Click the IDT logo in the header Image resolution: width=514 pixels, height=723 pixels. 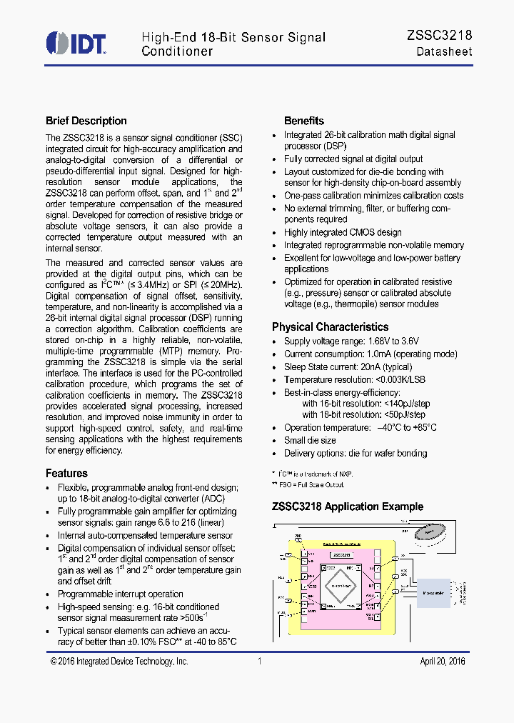(x=76, y=43)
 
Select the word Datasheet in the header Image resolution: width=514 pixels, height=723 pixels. (x=444, y=51)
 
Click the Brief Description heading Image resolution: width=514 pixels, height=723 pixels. (x=86, y=121)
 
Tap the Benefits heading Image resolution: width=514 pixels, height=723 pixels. (x=304, y=121)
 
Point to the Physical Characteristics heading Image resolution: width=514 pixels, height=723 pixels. (x=330, y=326)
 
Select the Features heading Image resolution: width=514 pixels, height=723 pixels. (x=66, y=473)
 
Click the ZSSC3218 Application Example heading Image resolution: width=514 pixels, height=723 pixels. (x=348, y=507)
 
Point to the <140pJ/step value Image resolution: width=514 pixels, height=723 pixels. (x=406, y=404)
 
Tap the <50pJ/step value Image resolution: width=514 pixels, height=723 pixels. (x=404, y=414)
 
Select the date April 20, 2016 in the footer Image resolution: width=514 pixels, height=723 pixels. (x=442, y=662)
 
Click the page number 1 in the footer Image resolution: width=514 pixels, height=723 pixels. (x=259, y=662)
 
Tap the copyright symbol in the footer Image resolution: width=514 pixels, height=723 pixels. (x=54, y=662)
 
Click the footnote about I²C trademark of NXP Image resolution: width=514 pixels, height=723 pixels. (x=314, y=474)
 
